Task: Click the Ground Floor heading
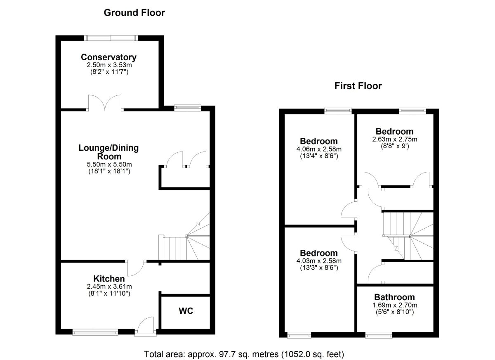click(x=134, y=13)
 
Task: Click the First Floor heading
click(x=358, y=86)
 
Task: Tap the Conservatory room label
click(x=109, y=57)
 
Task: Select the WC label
click(x=186, y=311)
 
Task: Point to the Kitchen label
click(x=109, y=279)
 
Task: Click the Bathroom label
click(x=394, y=297)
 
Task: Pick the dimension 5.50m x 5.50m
click(x=109, y=164)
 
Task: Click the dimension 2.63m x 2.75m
click(x=395, y=139)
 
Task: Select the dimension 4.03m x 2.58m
click(x=319, y=261)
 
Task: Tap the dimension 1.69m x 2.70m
click(x=395, y=305)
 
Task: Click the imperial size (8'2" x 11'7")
click(x=109, y=72)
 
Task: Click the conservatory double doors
click(x=105, y=103)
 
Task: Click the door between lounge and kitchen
click(x=136, y=268)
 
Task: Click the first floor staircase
click(x=408, y=236)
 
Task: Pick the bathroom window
click(x=379, y=336)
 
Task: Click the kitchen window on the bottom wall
click(x=95, y=332)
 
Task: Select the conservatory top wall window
click(x=111, y=38)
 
